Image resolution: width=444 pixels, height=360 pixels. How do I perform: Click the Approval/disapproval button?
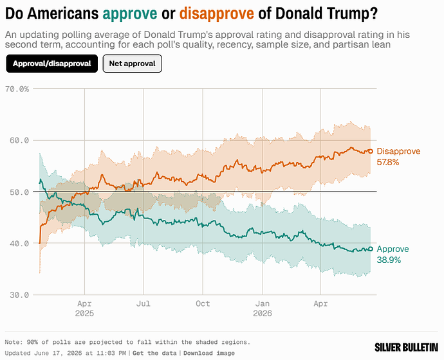coord(52,64)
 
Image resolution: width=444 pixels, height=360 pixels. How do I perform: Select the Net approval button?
coord(133,64)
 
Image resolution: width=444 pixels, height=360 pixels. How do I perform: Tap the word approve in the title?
coord(130,14)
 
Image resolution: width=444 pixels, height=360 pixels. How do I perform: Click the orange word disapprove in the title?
coord(217,14)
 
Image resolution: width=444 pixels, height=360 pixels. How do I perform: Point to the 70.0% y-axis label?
coord(17,89)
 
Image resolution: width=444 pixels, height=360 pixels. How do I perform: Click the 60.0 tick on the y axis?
coord(19,140)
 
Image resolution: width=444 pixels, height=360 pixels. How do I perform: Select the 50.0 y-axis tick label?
coord(19,192)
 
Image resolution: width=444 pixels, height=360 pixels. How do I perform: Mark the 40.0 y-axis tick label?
coord(19,244)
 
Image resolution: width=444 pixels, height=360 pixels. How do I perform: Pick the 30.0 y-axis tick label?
coord(19,295)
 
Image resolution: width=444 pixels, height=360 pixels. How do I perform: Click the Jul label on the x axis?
coord(143,303)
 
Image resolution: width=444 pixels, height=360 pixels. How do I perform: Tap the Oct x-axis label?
coord(203,303)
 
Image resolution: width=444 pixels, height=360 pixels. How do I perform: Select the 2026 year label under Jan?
coord(263,313)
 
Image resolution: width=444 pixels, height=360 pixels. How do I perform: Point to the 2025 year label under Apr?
coord(84,313)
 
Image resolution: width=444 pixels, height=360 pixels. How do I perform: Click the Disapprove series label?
coord(399,151)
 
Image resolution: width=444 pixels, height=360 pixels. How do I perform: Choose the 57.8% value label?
coord(388,162)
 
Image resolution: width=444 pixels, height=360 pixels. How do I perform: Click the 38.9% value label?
coord(389,260)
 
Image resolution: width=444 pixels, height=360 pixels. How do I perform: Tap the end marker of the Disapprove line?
coord(370,151)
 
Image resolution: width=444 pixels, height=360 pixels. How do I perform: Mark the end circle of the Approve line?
coord(370,249)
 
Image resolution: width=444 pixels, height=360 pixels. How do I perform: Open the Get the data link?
coord(154,353)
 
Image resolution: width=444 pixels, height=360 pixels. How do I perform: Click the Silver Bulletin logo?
coord(406,347)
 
